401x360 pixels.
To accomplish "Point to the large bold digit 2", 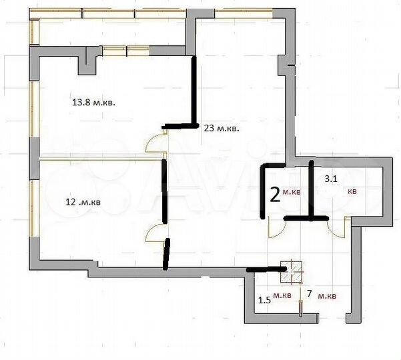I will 274,194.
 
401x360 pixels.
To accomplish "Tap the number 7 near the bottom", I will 309,294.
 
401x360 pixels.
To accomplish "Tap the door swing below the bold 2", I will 276,228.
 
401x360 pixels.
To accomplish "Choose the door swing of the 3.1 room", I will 337,228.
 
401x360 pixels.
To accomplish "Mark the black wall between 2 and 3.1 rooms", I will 311,190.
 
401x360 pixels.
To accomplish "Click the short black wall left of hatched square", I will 265,270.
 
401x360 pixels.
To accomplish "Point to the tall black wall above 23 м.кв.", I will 195,91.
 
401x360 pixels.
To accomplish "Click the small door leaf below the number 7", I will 301,307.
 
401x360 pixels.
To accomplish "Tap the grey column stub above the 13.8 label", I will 87,65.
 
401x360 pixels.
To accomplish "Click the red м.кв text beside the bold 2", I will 292,193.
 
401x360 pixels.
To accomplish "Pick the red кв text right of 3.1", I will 352,191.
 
